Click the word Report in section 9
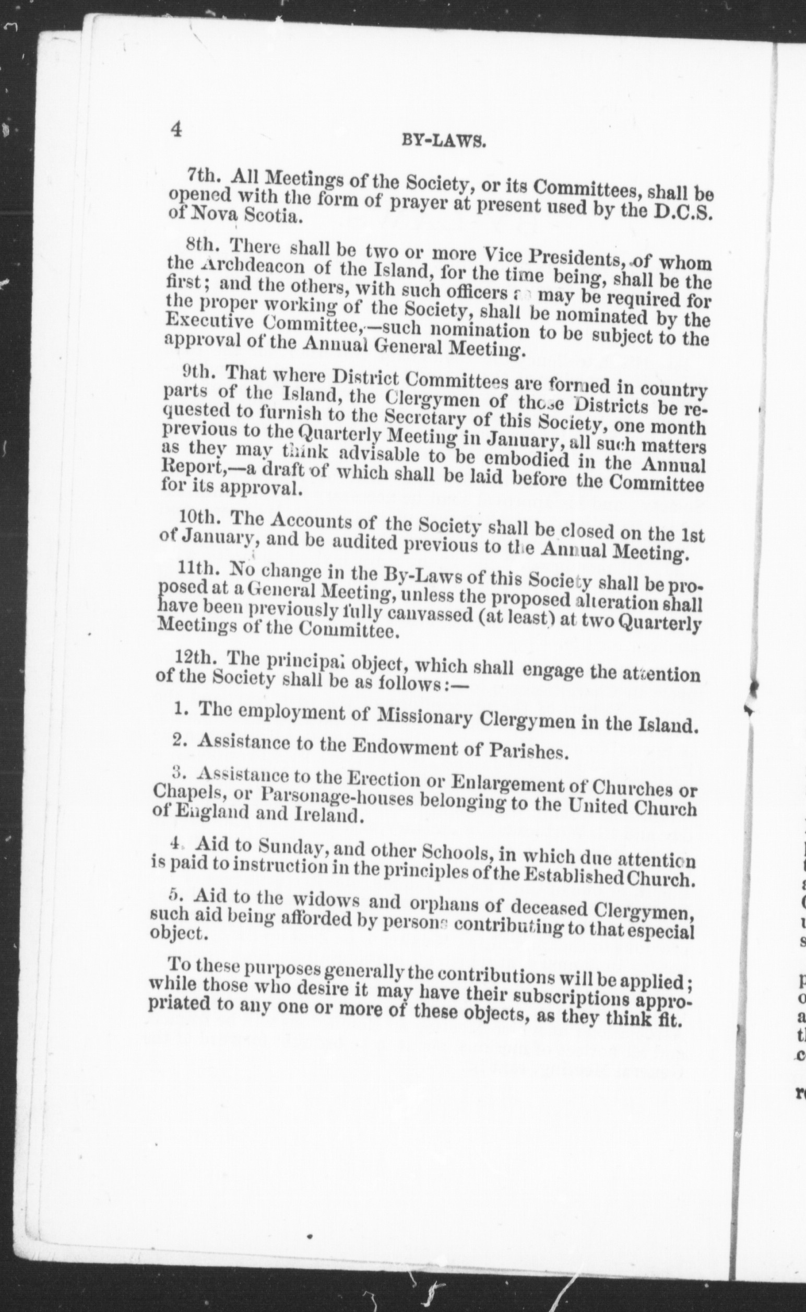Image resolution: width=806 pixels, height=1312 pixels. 187,469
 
